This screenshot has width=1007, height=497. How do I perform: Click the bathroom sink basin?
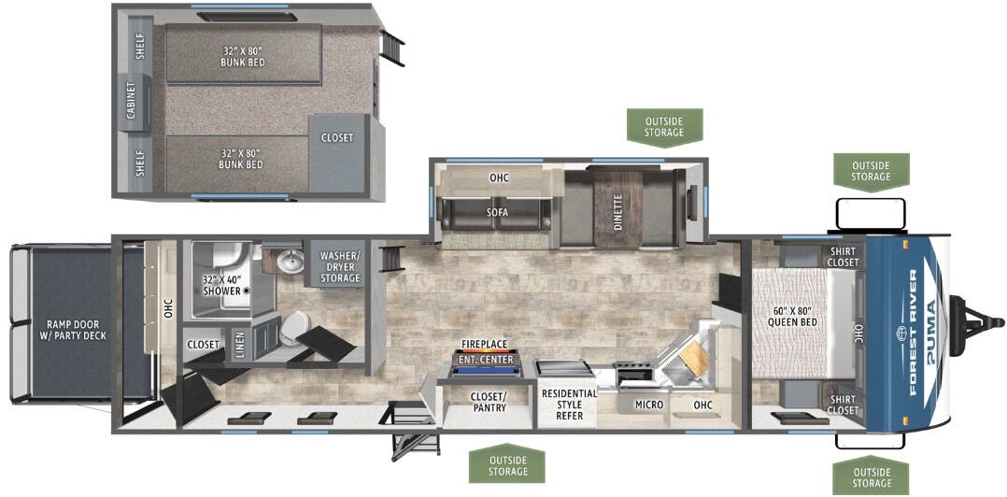point(291,261)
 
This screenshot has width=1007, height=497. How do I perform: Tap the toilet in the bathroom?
point(296,328)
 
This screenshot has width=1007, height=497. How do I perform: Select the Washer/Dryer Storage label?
point(340,266)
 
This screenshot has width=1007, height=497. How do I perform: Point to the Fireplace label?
point(485,345)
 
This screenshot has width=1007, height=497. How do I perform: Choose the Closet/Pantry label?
point(488,402)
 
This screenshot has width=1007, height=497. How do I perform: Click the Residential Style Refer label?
point(569,404)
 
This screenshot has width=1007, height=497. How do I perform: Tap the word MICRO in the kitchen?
point(648,405)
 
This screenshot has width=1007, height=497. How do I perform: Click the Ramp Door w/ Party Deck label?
point(77,330)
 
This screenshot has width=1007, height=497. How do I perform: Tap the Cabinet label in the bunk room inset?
point(131,100)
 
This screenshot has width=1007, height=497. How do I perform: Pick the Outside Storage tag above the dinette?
point(664,126)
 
